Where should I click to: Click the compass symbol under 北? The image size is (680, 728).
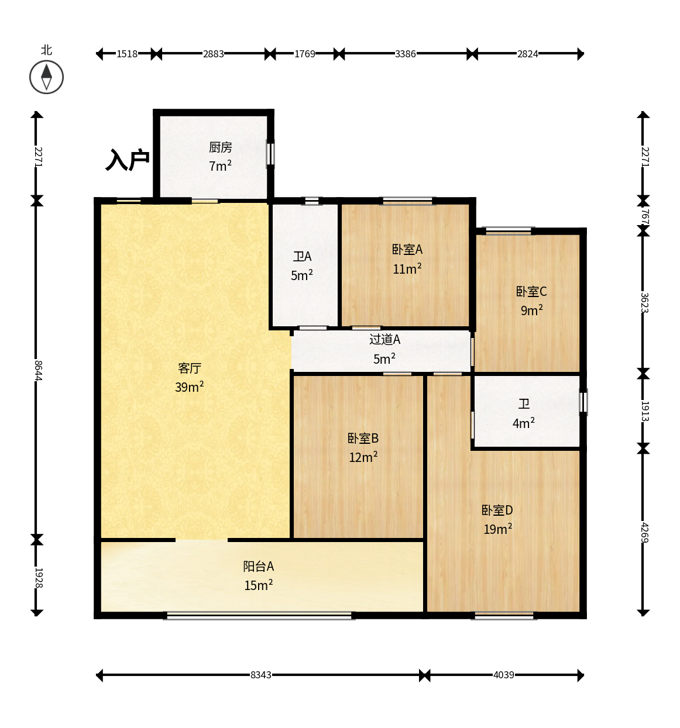coord(46,77)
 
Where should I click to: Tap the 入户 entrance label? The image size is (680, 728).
coord(128,160)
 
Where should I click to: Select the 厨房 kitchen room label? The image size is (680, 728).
coord(220,147)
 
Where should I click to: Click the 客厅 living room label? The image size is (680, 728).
coord(190,368)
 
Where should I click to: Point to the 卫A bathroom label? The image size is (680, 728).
coord(302,256)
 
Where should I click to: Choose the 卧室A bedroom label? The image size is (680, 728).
coord(407,250)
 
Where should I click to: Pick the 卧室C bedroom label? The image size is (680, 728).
coord(531,291)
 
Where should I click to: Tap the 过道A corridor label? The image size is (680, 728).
coord(384,339)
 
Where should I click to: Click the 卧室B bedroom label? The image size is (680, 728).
coord(363,438)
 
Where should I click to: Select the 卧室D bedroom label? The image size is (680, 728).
coord(497,510)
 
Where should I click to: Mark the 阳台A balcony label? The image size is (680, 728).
coord(258,567)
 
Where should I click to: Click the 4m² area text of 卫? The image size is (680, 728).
coord(523,423)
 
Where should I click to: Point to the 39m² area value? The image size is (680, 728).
coord(189,387)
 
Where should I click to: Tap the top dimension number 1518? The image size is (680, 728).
coord(127,54)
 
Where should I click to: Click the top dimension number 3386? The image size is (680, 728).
coord(405,54)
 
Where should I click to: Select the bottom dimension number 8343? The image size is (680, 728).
coord(260,675)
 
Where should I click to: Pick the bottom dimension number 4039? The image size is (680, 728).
coord(503,675)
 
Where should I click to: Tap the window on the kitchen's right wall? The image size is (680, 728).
coord(270,154)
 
